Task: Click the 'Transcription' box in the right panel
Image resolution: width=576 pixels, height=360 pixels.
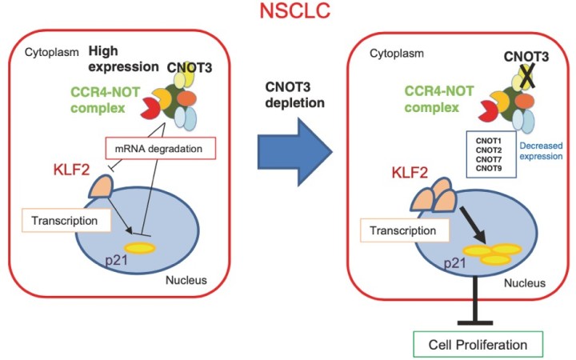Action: pos(403,230)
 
